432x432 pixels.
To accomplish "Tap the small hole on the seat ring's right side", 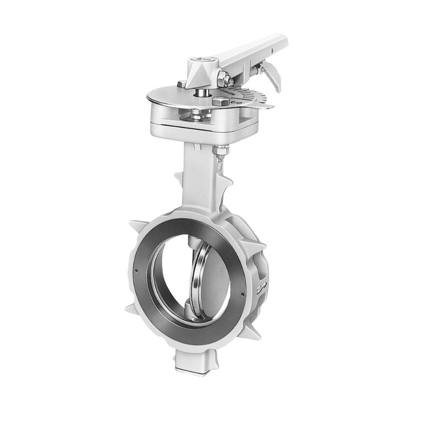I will [x=243, y=293].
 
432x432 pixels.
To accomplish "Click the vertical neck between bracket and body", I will [x=199, y=173].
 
